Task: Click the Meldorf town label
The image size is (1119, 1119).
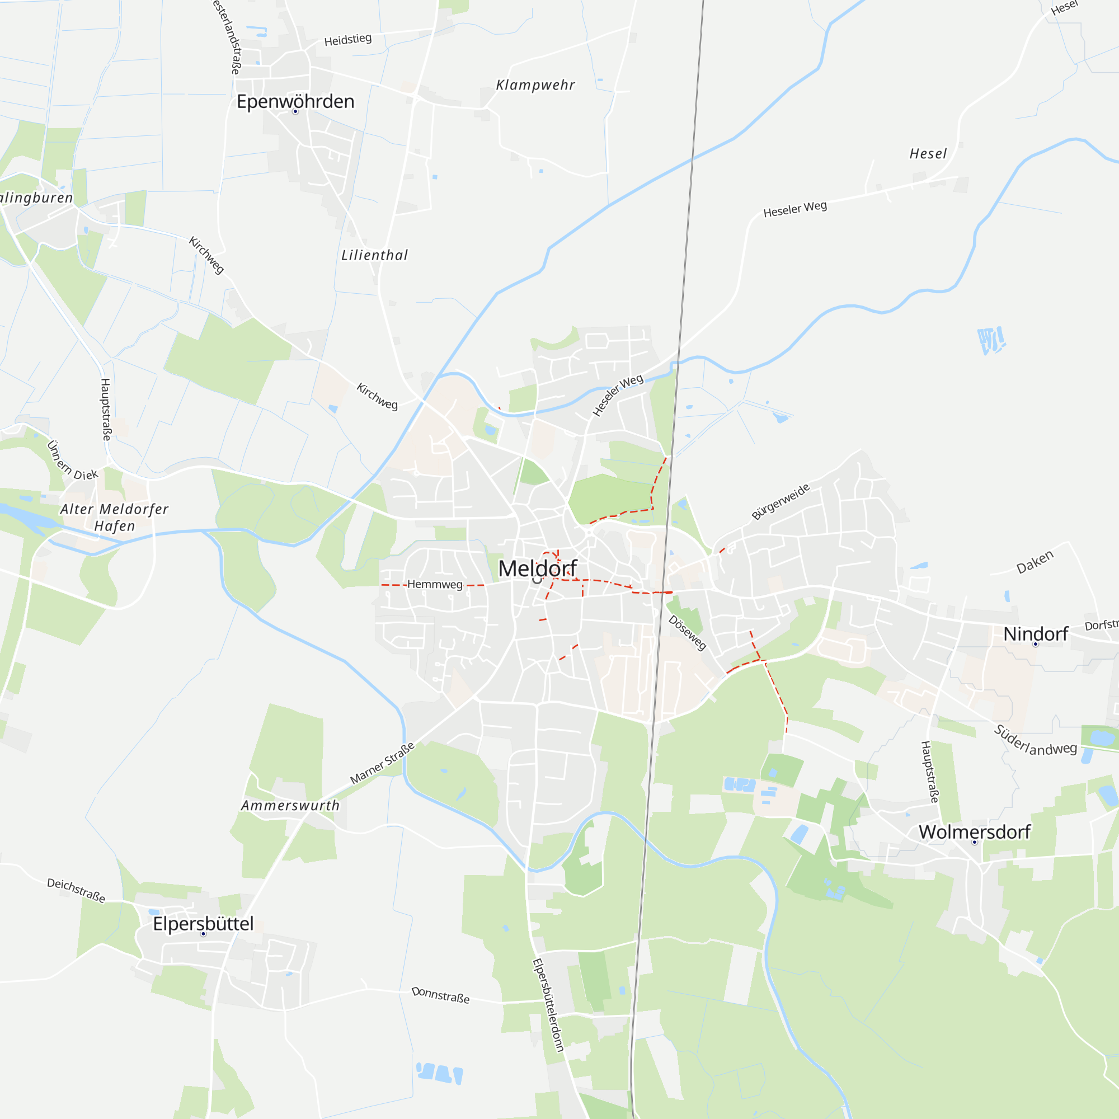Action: tap(538, 568)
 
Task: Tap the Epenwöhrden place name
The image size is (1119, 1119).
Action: tap(295, 101)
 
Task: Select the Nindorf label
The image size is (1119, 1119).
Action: tap(1036, 634)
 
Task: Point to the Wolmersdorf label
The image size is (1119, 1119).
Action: tap(974, 832)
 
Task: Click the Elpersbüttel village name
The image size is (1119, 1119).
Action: tap(203, 923)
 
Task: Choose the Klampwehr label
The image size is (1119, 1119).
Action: tap(535, 85)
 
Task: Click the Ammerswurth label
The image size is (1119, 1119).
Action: tap(290, 805)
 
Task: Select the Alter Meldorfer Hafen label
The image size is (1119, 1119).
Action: tap(114, 517)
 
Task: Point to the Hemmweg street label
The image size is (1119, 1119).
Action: tap(434, 585)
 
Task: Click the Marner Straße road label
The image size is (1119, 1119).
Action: tap(382, 763)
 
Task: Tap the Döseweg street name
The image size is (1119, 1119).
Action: tap(688, 632)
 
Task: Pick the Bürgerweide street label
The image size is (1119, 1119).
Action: tap(780, 501)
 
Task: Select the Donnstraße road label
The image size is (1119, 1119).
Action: tap(440, 995)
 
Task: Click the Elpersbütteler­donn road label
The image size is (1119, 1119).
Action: tap(548, 1005)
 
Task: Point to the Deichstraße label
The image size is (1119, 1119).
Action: tap(76, 890)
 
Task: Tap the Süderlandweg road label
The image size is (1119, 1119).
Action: tap(1035, 740)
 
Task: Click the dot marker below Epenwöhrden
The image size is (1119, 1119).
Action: tap(295, 111)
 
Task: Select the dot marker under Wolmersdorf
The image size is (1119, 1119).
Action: tap(974, 842)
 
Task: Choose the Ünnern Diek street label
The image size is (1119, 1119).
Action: tap(72, 460)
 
